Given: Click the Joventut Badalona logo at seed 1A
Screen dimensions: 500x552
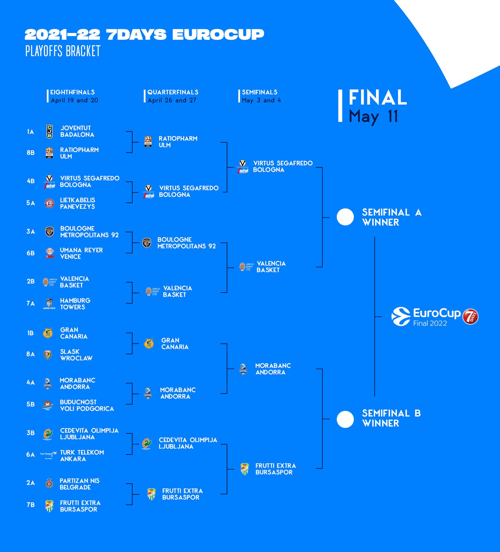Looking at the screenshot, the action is [x=49, y=132].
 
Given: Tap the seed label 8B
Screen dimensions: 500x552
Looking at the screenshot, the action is [x=31, y=153].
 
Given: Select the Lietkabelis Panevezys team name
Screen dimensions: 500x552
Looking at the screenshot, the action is [x=77, y=203].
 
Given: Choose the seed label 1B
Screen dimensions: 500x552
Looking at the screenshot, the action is [x=30, y=333].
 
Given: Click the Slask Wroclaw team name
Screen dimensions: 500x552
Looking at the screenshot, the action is [x=76, y=355].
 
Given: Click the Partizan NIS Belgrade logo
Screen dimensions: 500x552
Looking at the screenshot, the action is [x=49, y=484].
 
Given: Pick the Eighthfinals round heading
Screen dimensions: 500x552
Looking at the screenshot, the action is [x=72, y=92].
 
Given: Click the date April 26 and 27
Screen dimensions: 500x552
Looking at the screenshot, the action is [x=172, y=101].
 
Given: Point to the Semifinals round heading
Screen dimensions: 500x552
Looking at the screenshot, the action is [x=259, y=92].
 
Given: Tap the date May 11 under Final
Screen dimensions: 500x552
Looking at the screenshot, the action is [x=373, y=116].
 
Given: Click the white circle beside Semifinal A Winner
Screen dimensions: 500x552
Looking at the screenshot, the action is [x=345, y=217].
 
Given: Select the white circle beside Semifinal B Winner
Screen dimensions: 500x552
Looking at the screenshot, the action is [x=345, y=419].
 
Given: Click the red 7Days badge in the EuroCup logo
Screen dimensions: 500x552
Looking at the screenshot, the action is [x=470, y=317].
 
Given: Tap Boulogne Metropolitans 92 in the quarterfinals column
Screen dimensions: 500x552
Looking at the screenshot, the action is [x=186, y=243].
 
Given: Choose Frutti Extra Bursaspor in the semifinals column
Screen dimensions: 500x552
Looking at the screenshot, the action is [x=275, y=469].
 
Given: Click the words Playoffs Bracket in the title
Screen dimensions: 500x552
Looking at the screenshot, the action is [x=63, y=51].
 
